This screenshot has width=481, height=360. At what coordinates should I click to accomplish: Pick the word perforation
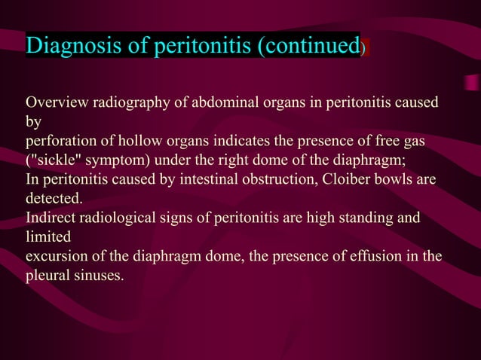click(60, 141)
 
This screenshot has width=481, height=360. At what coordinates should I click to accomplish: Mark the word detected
click(54, 199)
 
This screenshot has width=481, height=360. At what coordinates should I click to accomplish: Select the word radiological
click(118, 218)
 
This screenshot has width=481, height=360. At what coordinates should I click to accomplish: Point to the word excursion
click(55, 257)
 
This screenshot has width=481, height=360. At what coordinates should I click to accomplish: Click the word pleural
click(47, 276)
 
